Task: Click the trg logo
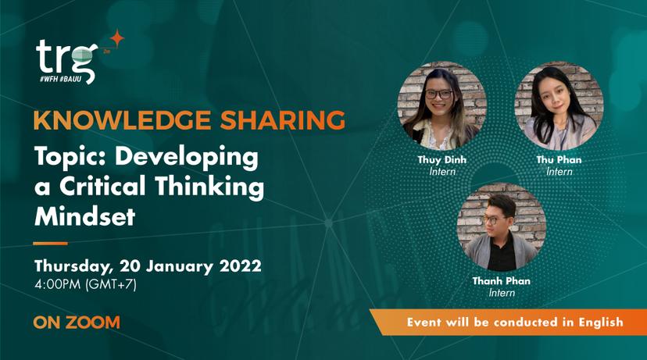click(x=66, y=61)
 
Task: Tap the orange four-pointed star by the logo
click(x=117, y=38)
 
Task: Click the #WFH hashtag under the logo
click(x=48, y=79)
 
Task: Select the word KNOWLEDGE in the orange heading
click(x=123, y=120)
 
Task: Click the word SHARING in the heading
click(x=283, y=120)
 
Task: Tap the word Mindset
click(x=85, y=216)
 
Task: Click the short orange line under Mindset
click(x=50, y=244)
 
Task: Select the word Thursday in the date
click(x=73, y=266)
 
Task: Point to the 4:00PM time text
click(x=58, y=284)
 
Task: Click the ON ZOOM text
click(x=77, y=323)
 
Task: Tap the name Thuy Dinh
click(x=442, y=160)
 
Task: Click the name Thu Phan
click(x=559, y=159)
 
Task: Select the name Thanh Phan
click(x=502, y=281)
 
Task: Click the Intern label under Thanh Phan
click(x=502, y=293)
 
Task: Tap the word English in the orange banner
click(x=601, y=322)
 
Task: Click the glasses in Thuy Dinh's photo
click(x=438, y=94)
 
